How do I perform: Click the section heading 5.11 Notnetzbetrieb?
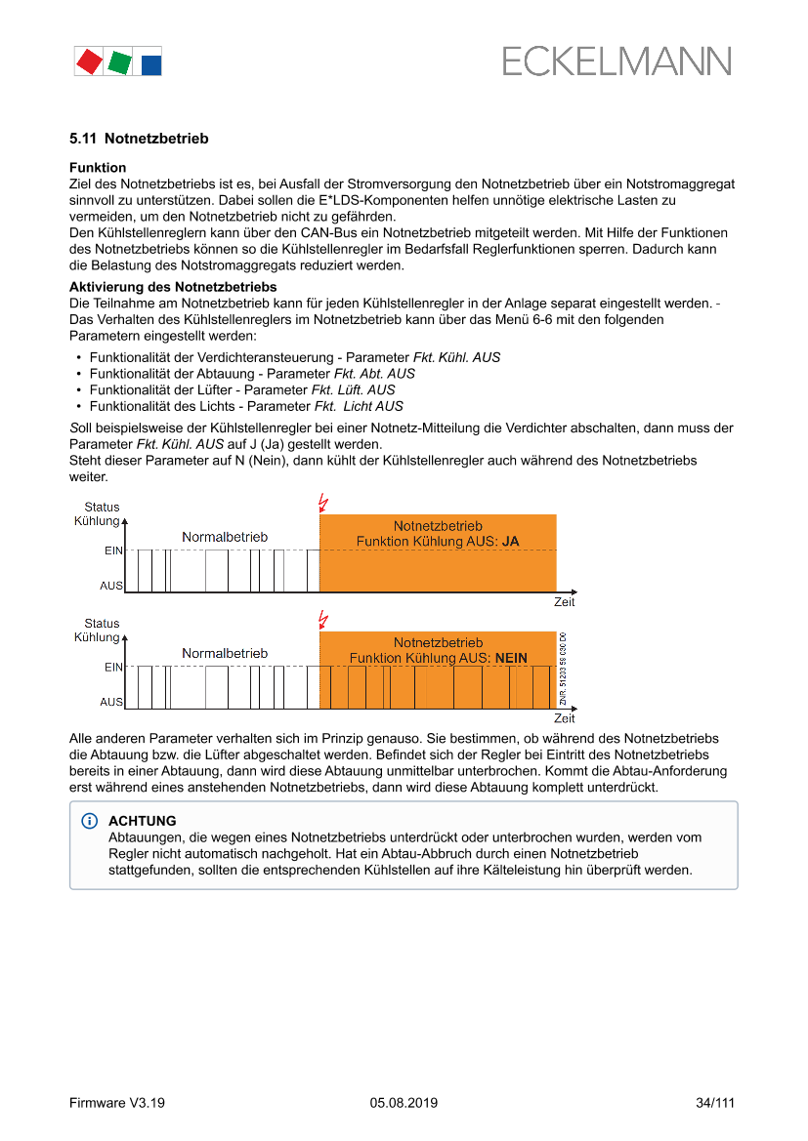point(139,139)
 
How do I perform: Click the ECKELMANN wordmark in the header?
point(617,61)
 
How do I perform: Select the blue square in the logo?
point(151,65)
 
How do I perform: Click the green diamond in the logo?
point(119,62)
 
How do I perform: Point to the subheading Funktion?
point(98,168)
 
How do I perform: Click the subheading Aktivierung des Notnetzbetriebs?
point(173,287)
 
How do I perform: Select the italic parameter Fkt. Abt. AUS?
point(374,374)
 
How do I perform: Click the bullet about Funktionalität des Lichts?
point(245,406)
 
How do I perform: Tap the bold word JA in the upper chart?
point(510,541)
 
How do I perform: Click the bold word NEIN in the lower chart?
point(511,658)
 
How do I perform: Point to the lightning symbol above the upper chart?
point(323,503)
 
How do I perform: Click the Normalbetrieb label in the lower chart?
point(225,653)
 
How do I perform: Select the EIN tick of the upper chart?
point(113,550)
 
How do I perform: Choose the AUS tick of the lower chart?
point(111,702)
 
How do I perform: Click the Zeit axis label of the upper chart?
point(565,602)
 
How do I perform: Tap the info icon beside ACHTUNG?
point(90,822)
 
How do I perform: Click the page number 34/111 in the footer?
point(714,1103)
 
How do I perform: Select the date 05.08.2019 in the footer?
point(404,1103)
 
